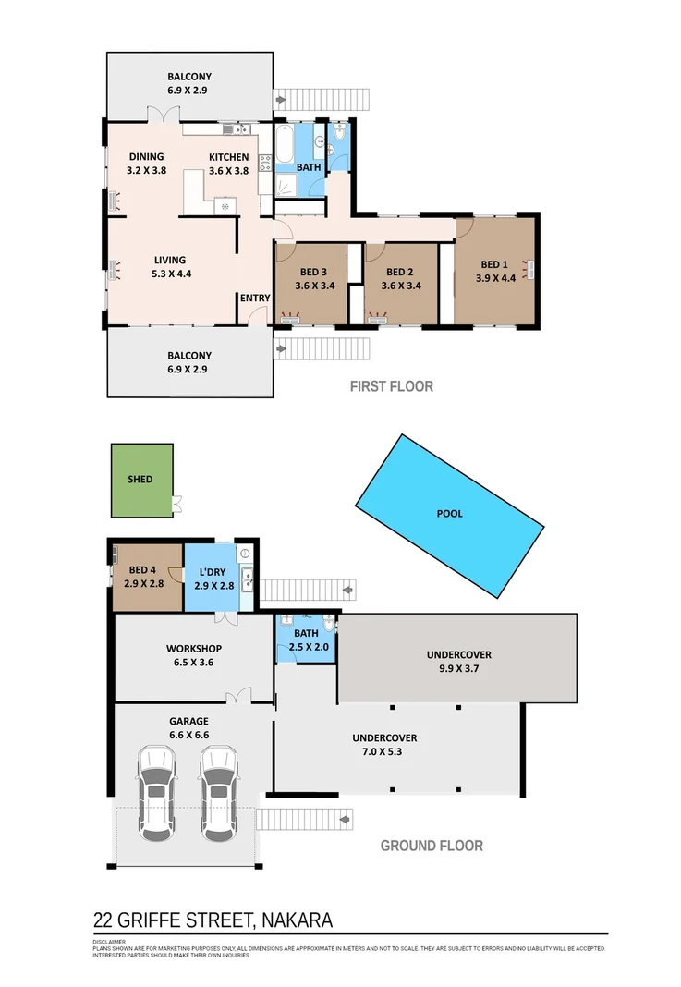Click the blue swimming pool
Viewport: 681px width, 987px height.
(x=449, y=513)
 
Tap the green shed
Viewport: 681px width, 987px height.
(x=141, y=480)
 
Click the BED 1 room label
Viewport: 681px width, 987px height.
(x=495, y=264)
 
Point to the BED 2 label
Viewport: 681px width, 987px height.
(x=400, y=272)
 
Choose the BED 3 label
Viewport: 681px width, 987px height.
(x=313, y=272)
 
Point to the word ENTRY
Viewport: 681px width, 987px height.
(x=254, y=298)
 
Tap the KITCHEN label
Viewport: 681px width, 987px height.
(x=228, y=157)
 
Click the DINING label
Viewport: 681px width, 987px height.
(x=146, y=157)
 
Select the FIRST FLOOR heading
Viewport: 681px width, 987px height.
(x=391, y=386)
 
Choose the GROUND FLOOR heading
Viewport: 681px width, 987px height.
(x=432, y=845)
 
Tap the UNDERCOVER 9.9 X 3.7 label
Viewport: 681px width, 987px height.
(x=458, y=654)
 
